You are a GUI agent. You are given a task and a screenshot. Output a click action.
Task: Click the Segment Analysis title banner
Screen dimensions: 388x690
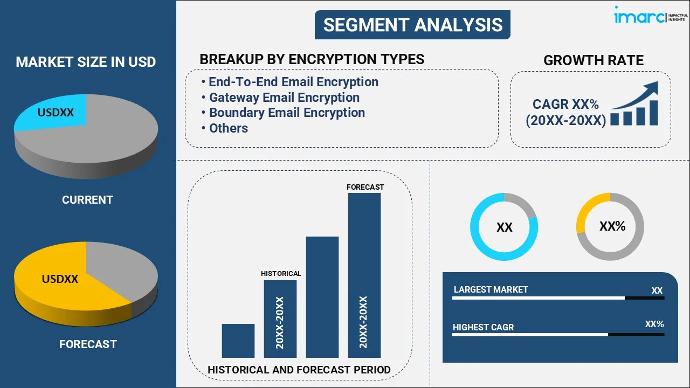click(412, 25)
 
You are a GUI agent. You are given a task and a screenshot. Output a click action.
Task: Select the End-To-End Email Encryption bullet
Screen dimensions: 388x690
click(293, 82)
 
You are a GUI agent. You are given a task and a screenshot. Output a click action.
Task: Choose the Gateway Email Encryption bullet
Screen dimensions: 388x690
click(284, 98)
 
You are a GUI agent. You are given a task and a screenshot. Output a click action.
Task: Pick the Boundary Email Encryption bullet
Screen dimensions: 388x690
click(287, 113)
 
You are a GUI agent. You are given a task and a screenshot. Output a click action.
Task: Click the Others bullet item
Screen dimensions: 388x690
click(229, 128)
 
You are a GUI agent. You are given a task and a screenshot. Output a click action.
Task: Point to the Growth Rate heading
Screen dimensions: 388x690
click(593, 60)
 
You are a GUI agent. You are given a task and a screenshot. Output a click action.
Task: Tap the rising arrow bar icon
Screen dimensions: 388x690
click(635, 105)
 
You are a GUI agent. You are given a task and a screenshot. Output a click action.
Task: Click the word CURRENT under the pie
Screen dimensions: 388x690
click(87, 200)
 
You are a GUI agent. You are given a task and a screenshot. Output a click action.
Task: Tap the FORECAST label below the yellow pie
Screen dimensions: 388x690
click(88, 344)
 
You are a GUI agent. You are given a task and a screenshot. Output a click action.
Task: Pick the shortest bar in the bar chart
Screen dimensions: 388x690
click(238, 341)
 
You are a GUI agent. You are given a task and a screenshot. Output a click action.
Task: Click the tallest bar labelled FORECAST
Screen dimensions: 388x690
click(364, 275)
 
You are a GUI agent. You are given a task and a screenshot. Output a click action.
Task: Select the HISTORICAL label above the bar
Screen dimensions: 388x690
click(281, 274)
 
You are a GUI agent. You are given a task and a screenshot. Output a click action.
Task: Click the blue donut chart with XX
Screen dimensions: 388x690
click(504, 227)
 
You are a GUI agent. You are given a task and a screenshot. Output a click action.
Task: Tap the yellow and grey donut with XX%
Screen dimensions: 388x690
click(610, 226)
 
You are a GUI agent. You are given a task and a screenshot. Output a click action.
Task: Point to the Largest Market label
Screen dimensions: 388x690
click(491, 289)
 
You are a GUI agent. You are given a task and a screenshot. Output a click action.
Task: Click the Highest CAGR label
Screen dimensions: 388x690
click(483, 327)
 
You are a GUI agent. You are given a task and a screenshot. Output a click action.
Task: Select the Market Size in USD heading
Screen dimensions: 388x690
click(86, 62)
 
